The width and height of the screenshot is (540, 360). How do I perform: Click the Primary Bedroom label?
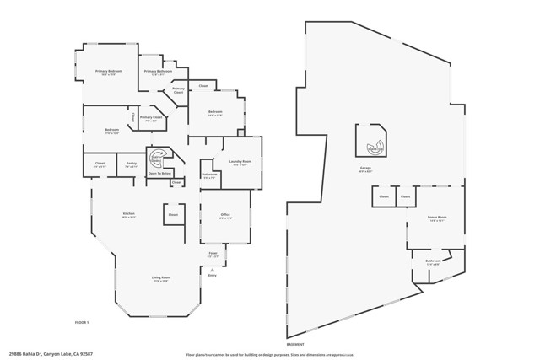[108, 72]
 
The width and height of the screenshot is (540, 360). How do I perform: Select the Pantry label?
[132, 164]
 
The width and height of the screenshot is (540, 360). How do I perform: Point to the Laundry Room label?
[239, 162]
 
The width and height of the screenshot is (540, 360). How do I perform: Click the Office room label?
[226, 216]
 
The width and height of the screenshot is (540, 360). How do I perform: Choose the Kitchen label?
[129, 214]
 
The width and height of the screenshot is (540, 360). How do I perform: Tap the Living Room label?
[160, 278]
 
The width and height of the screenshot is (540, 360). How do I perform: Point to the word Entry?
[212, 275]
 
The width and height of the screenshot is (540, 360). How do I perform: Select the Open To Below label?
[160, 174]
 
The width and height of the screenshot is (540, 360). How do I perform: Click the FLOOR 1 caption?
[81, 323]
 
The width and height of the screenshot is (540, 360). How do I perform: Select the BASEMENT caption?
[295, 344]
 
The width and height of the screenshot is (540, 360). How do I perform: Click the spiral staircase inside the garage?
[373, 146]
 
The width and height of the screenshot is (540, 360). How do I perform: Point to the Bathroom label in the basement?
[434, 262]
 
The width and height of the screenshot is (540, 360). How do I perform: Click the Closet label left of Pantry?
[100, 164]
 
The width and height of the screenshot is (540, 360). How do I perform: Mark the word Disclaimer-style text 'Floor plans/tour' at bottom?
[204, 354]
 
